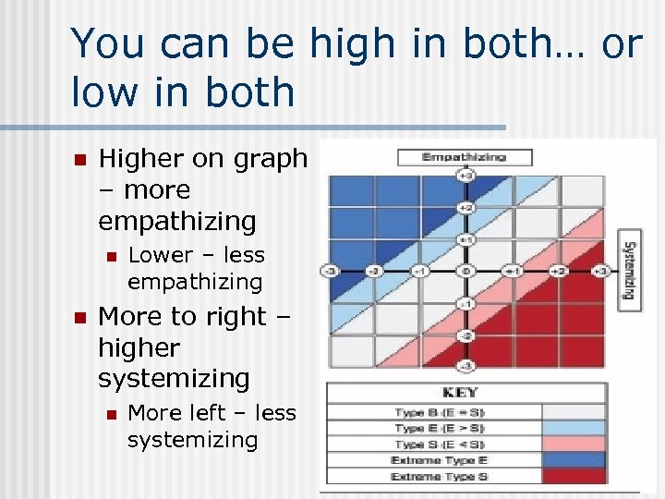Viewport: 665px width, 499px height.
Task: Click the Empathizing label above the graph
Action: [x=464, y=157]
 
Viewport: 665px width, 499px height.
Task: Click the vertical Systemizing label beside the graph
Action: [x=629, y=271]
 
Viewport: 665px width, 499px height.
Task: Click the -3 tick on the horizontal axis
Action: [x=331, y=271]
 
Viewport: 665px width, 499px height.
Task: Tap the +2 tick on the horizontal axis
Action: [x=558, y=271]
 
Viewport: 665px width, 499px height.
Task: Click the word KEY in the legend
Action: [x=465, y=392]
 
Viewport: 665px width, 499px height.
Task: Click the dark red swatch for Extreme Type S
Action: [x=573, y=476]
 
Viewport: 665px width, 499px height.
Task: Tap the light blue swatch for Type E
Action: [x=573, y=428]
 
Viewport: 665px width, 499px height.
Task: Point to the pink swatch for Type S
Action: [x=573, y=444]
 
